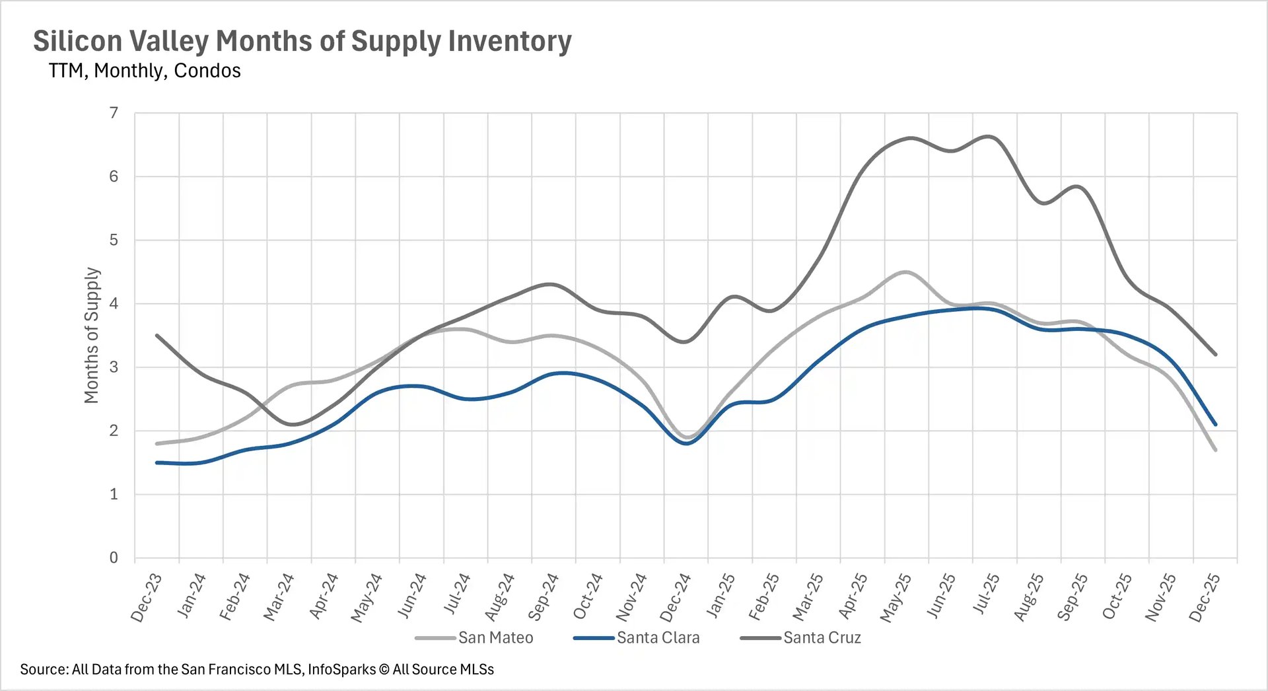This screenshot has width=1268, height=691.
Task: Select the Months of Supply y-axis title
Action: [x=91, y=335]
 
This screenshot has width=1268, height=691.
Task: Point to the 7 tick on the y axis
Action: [x=114, y=113]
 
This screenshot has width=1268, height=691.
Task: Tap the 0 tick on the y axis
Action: [x=114, y=558]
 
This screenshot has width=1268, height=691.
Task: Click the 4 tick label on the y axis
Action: [x=114, y=304]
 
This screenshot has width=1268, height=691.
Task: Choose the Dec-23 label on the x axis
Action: [x=147, y=597]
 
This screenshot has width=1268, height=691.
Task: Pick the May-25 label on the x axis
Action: [x=896, y=597]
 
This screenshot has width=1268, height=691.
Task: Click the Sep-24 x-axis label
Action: [x=544, y=597]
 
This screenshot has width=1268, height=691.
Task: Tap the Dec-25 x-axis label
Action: [x=1204, y=597]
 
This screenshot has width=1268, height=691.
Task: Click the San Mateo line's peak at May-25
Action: [x=906, y=272]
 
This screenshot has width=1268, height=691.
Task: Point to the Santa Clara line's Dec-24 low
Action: [x=687, y=443]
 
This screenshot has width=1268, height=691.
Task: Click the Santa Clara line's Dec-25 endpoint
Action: [x=1215, y=425]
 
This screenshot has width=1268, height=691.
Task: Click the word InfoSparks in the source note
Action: [x=341, y=670]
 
